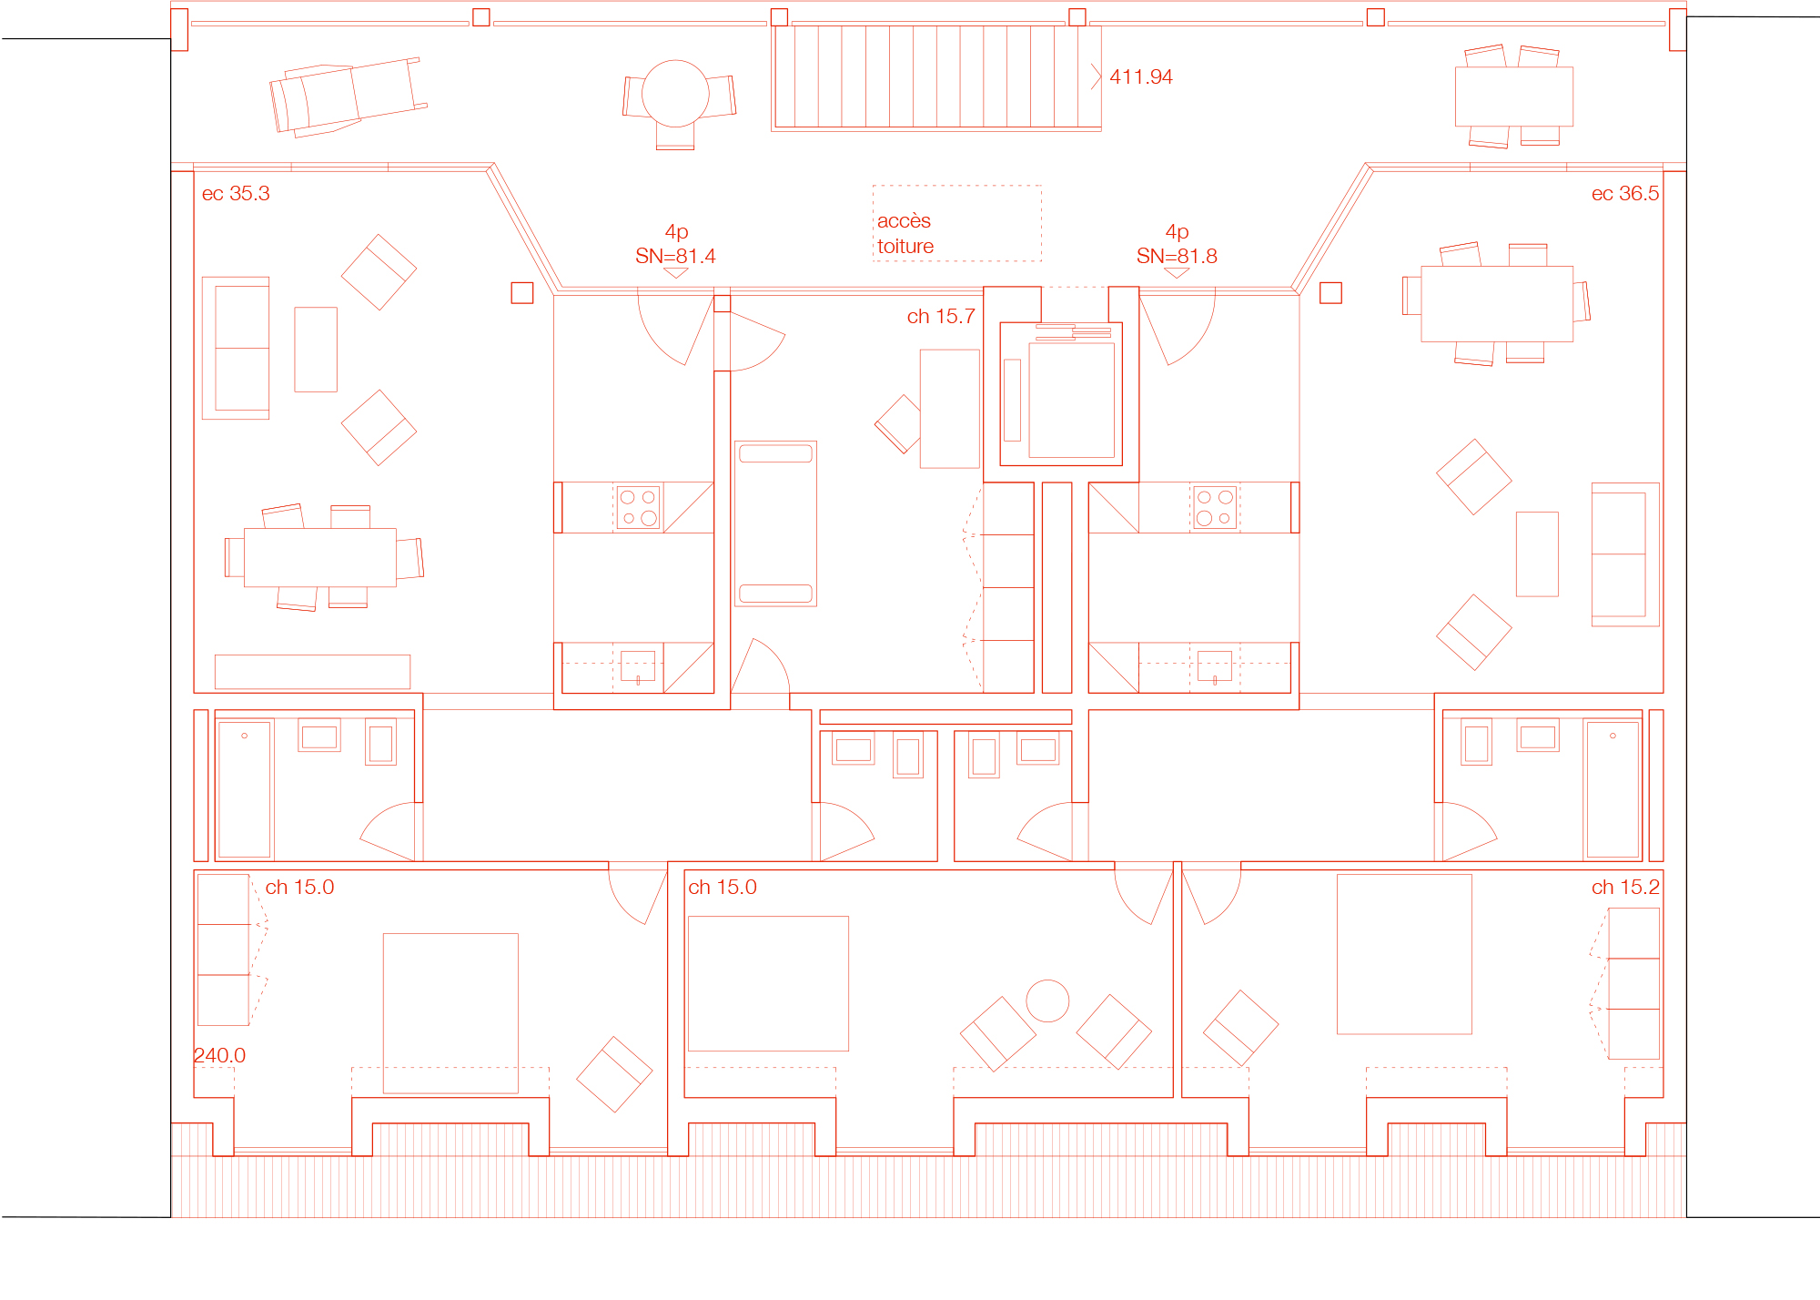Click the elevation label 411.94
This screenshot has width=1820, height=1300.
coord(1140,76)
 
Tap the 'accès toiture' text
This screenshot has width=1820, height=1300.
coord(905,233)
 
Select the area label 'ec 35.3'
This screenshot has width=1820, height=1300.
coord(236,193)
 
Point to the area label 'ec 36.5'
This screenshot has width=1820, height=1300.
coord(1624,193)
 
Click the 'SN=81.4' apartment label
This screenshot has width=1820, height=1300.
coord(675,256)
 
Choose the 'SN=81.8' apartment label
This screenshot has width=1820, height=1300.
coord(1177,256)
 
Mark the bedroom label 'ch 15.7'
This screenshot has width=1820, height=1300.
coord(941,316)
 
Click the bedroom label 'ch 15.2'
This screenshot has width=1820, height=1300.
coord(1625,887)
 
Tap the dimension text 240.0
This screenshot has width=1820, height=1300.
coord(219,1055)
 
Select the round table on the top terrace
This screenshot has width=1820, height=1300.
coord(675,93)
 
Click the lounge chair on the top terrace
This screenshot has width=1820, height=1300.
coord(349,96)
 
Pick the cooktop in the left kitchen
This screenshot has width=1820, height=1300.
coord(639,507)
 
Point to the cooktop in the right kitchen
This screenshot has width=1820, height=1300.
coord(1215,507)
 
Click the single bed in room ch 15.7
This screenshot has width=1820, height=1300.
coord(775,523)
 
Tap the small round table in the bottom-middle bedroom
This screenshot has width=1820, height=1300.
coord(1047,1000)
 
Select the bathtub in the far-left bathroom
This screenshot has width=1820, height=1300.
coord(245,789)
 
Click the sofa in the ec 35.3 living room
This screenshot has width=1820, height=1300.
coord(236,348)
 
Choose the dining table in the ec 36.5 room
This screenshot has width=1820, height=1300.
coord(1497,303)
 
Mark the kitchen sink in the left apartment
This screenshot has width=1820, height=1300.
coord(638,665)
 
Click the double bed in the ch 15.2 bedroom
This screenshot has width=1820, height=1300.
coord(1404,954)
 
